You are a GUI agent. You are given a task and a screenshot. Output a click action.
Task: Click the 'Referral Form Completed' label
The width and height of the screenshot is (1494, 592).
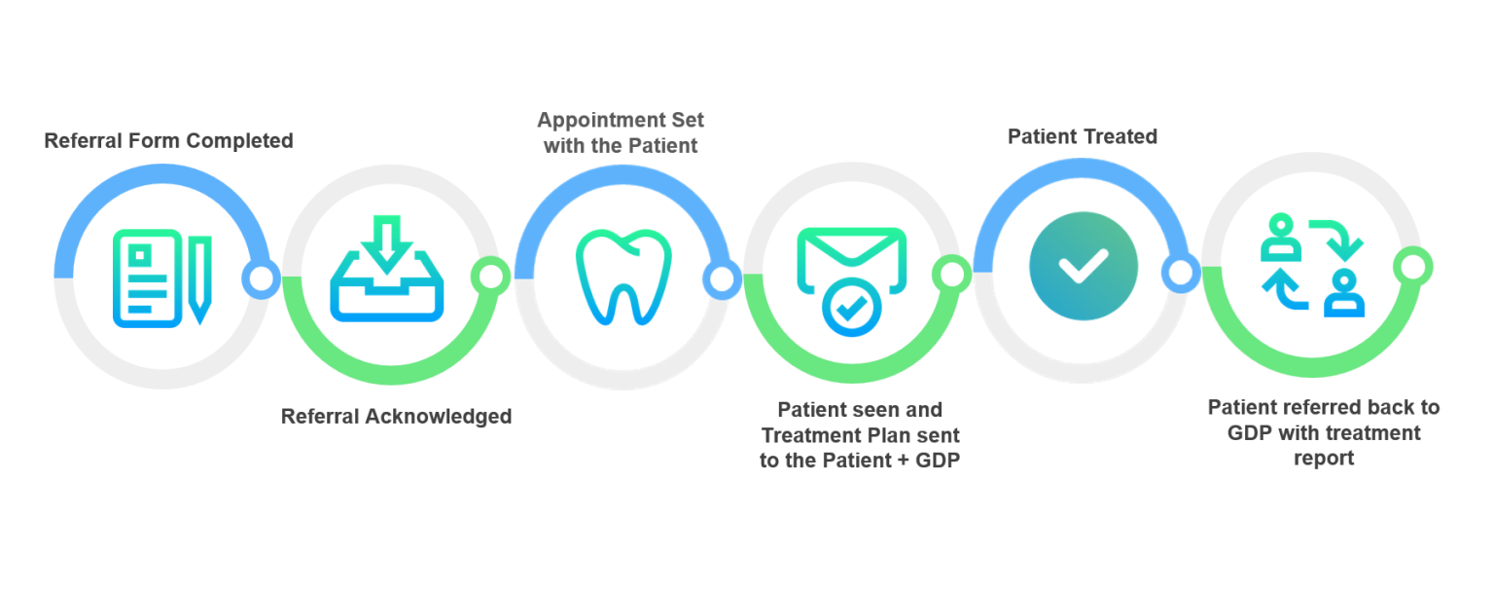click(x=168, y=141)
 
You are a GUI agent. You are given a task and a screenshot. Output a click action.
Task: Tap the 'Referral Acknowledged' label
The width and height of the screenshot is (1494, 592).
click(x=396, y=417)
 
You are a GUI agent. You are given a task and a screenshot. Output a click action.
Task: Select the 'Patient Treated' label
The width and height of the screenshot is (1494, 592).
click(x=1083, y=136)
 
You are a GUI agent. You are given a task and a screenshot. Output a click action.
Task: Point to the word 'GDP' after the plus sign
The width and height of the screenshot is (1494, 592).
click(x=938, y=461)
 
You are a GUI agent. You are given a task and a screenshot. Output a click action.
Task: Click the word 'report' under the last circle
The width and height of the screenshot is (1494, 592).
click(x=1324, y=459)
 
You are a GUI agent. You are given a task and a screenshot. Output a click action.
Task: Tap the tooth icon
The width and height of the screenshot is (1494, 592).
click(x=623, y=277)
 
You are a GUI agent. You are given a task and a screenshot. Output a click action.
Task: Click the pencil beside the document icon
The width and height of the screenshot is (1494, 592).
click(x=200, y=279)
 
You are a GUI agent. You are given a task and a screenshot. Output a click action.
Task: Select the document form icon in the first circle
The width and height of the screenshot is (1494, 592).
click(x=148, y=278)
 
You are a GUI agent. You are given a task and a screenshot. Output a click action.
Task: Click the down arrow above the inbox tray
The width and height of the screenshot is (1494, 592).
click(x=387, y=244)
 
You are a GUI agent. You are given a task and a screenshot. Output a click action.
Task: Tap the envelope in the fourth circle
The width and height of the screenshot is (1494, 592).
click(x=852, y=260)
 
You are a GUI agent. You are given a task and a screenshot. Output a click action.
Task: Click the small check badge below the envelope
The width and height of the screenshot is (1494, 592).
click(x=852, y=307)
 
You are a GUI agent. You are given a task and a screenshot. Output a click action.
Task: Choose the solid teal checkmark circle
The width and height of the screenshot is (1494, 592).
click(x=1084, y=266)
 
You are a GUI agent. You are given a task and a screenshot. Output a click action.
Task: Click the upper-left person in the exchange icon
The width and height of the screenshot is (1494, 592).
click(x=1281, y=238)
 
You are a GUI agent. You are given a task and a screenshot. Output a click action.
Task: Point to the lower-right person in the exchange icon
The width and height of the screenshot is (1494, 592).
click(x=1344, y=293)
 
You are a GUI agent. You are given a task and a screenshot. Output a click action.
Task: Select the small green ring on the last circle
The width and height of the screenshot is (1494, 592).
click(x=1412, y=267)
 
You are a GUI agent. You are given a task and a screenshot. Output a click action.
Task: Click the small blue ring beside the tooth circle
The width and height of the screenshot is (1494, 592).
click(x=722, y=279)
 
